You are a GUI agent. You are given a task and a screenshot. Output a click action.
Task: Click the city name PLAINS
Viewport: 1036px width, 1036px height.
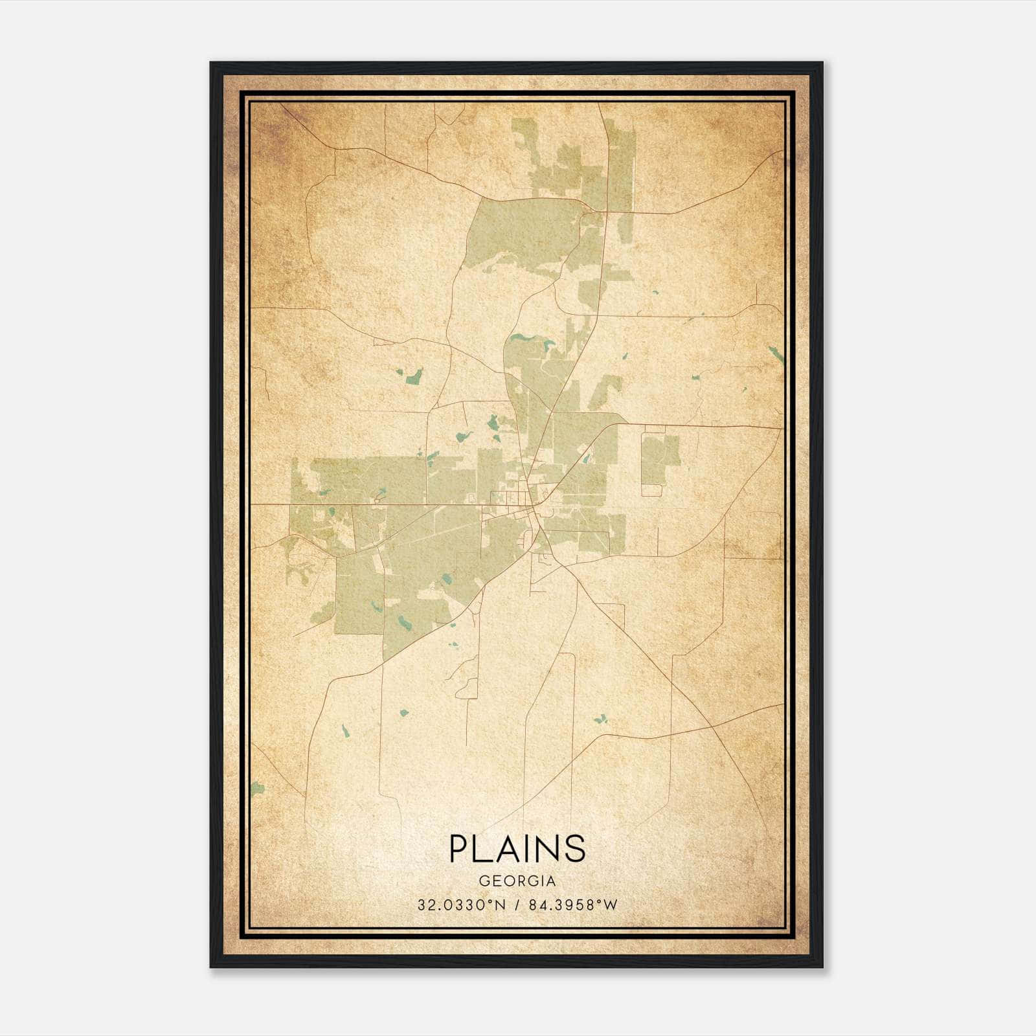[517, 848]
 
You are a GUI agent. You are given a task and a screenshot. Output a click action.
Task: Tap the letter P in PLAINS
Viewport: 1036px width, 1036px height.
[460, 848]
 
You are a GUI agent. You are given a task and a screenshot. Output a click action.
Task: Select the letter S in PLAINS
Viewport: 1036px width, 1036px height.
[574, 848]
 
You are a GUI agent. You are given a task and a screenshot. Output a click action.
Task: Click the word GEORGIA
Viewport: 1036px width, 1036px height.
[517, 881]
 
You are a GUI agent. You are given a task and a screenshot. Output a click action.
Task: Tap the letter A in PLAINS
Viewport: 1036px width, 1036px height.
[508, 848]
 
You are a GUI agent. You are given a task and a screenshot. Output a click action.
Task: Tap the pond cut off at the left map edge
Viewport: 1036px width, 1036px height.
[257, 788]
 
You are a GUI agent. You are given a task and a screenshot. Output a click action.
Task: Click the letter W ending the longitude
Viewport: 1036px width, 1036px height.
[610, 905]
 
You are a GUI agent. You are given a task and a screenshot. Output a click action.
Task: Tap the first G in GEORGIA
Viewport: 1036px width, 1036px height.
[484, 881]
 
